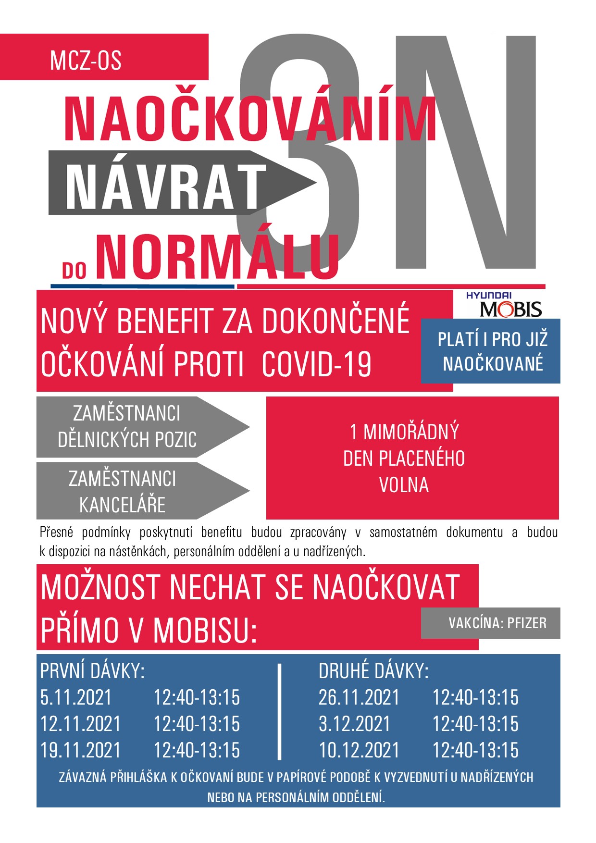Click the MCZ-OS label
click(x=86, y=61)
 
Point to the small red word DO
click(x=74, y=271)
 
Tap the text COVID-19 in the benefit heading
click(x=317, y=364)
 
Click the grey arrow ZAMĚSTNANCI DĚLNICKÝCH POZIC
click(x=127, y=427)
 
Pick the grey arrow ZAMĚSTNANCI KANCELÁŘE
click(x=123, y=491)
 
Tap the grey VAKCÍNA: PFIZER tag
click(x=497, y=623)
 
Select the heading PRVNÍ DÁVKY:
click(x=92, y=671)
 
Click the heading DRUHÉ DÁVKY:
click(x=373, y=671)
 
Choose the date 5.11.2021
click(x=76, y=697)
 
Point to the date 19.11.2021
click(x=81, y=750)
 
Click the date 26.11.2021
click(x=359, y=697)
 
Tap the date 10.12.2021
click(x=359, y=750)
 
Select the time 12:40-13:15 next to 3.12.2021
click(x=475, y=724)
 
